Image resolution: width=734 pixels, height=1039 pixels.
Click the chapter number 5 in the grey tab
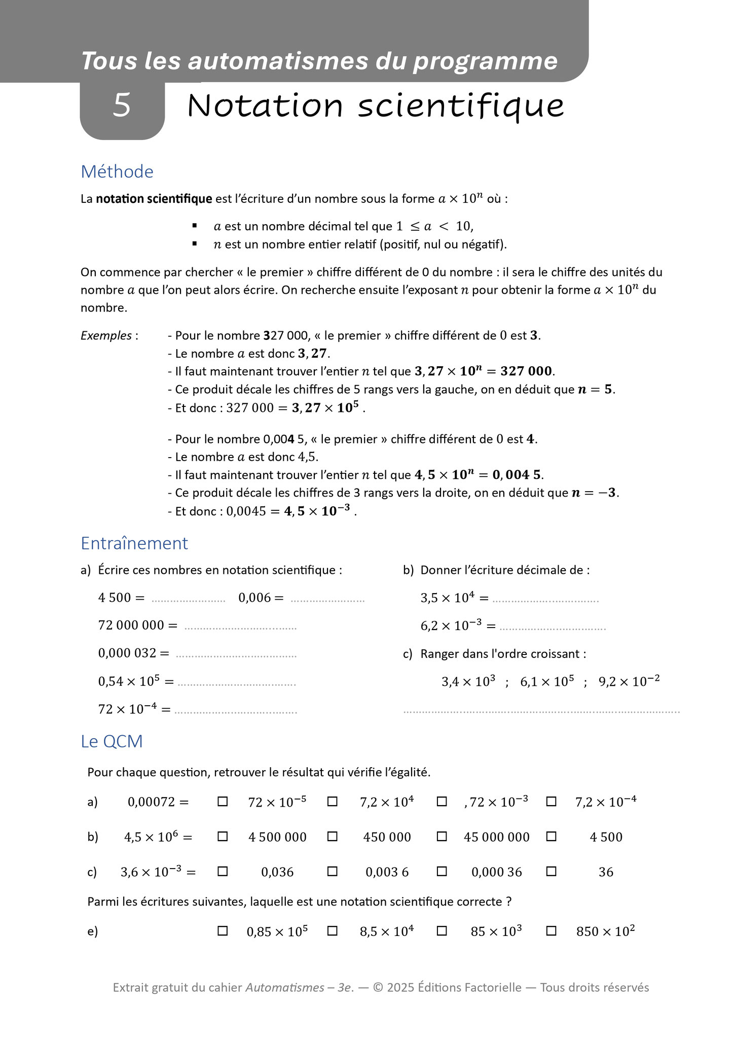coord(122,105)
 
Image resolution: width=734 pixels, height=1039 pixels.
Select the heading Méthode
coord(117,171)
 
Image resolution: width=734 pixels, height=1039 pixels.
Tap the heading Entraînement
coord(134,543)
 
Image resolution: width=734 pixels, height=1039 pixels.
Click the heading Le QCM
coord(112,741)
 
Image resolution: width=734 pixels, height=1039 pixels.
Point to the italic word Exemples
coord(106,335)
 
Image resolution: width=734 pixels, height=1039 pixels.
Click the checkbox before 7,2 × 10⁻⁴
coord(552,802)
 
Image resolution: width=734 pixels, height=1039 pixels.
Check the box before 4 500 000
coord(223,837)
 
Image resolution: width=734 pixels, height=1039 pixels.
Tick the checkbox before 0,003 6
coord(333,872)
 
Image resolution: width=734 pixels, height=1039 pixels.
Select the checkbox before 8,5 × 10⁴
coord(333,931)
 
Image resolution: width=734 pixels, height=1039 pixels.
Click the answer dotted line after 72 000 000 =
coord(240,628)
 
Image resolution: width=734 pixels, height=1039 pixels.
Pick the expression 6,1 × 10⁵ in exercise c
coord(547,681)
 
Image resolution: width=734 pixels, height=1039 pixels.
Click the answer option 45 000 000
coord(496,837)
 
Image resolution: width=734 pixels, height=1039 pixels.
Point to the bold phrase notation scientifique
coord(154,199)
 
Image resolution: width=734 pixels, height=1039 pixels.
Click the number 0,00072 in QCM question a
coord(152,802)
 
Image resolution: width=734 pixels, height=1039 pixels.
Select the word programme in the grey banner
coord(485,61)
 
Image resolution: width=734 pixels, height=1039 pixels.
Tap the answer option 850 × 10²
coord(605,931)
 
